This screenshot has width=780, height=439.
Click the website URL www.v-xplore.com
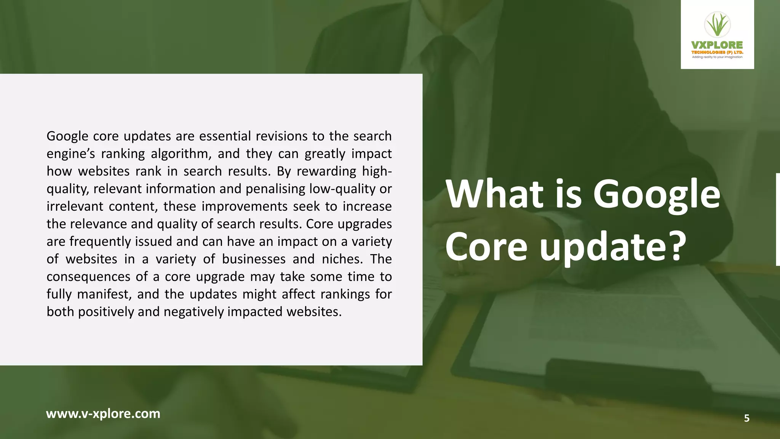(x=103, y=413)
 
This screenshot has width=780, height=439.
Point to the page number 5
(x=746, y=418)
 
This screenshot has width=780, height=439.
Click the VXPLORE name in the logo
(x=717, y=45)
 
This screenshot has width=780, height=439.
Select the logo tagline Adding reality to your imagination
(x=717, y=57)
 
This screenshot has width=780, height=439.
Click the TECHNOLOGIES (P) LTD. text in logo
(x=717, y=52)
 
